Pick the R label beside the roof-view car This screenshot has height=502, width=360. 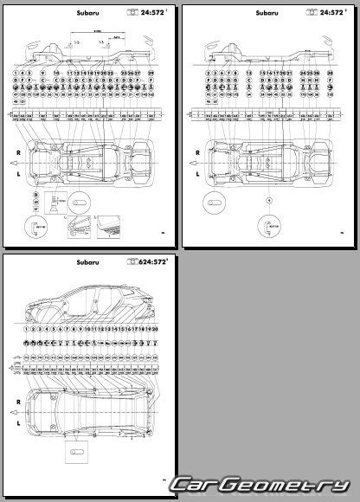pos(16,402)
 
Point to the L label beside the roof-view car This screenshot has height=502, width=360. pos(16,426)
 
